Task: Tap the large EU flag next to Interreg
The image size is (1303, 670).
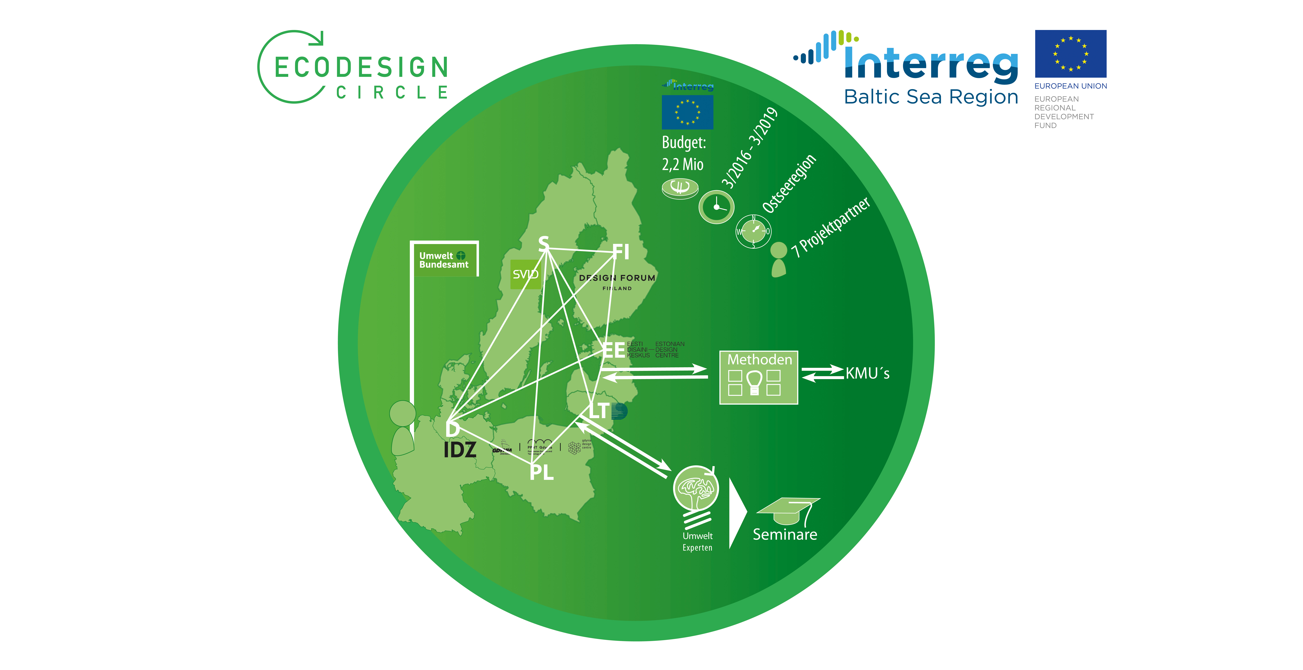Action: click(1070, 54)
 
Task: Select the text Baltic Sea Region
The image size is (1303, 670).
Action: click(931, 97)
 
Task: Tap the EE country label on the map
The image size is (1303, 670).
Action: click(614, 350)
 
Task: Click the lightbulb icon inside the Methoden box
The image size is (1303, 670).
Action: click(754, 382)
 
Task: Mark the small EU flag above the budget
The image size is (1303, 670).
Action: click(687, 112)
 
